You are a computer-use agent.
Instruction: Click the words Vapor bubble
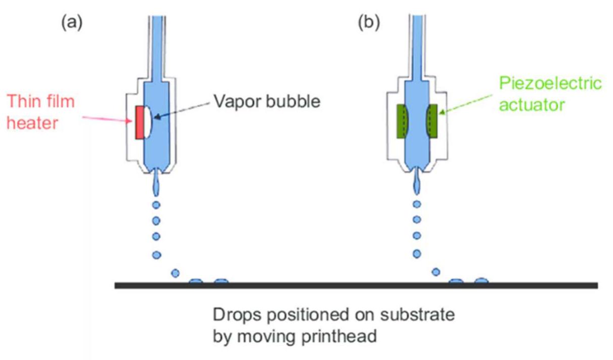click(267, 101)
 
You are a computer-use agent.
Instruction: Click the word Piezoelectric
click(550, 83)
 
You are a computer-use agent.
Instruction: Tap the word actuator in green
click(532, 105)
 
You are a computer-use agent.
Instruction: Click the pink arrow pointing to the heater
click(107, 118)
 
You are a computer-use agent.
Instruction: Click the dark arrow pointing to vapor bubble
click(182, 110)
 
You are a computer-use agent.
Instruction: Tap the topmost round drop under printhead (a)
click(156, 205)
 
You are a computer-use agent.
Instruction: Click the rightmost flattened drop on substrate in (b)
click(481, 280)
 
